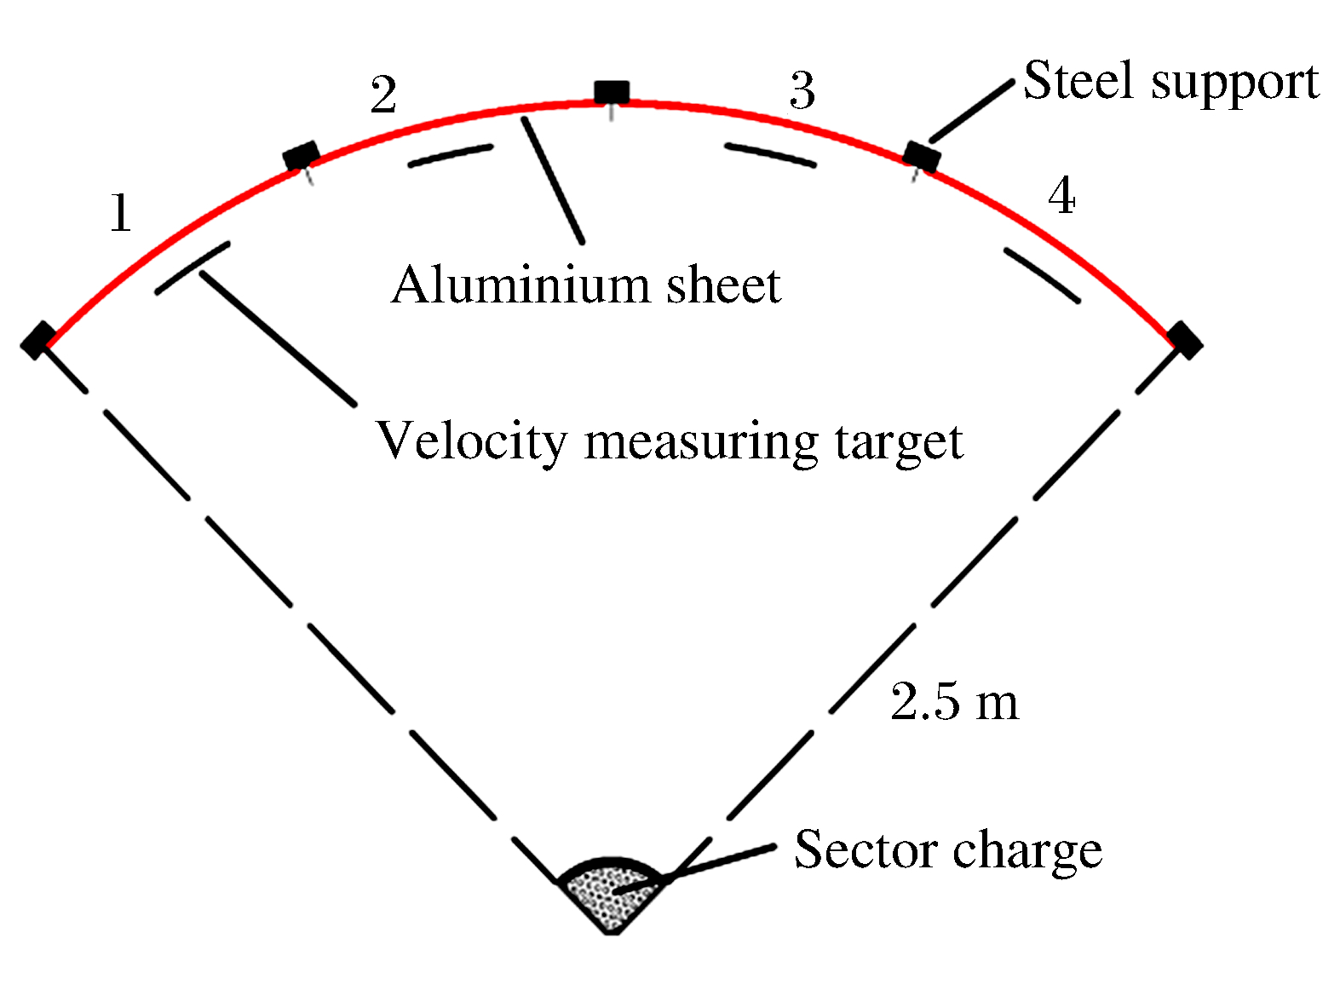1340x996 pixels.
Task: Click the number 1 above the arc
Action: click(x=121, y=213)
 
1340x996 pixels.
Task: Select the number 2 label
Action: click(x=383, y=95)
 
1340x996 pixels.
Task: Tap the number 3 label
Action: click(x=802, y=90)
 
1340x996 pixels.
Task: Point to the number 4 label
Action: click(x=1061, y=195)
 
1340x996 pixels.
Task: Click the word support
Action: click(x=1235, y=84)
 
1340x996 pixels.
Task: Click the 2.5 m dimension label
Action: click(x=955, y=701)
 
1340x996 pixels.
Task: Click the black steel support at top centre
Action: click(x=612, y=93)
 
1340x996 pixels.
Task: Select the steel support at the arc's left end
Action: click(x=38, y=341)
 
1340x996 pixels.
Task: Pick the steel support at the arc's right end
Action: click(x=1185, y=341)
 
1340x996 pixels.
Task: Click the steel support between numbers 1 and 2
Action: click(x=302, y=156)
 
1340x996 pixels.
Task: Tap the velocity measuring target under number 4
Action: click(x=1042, y=275)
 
